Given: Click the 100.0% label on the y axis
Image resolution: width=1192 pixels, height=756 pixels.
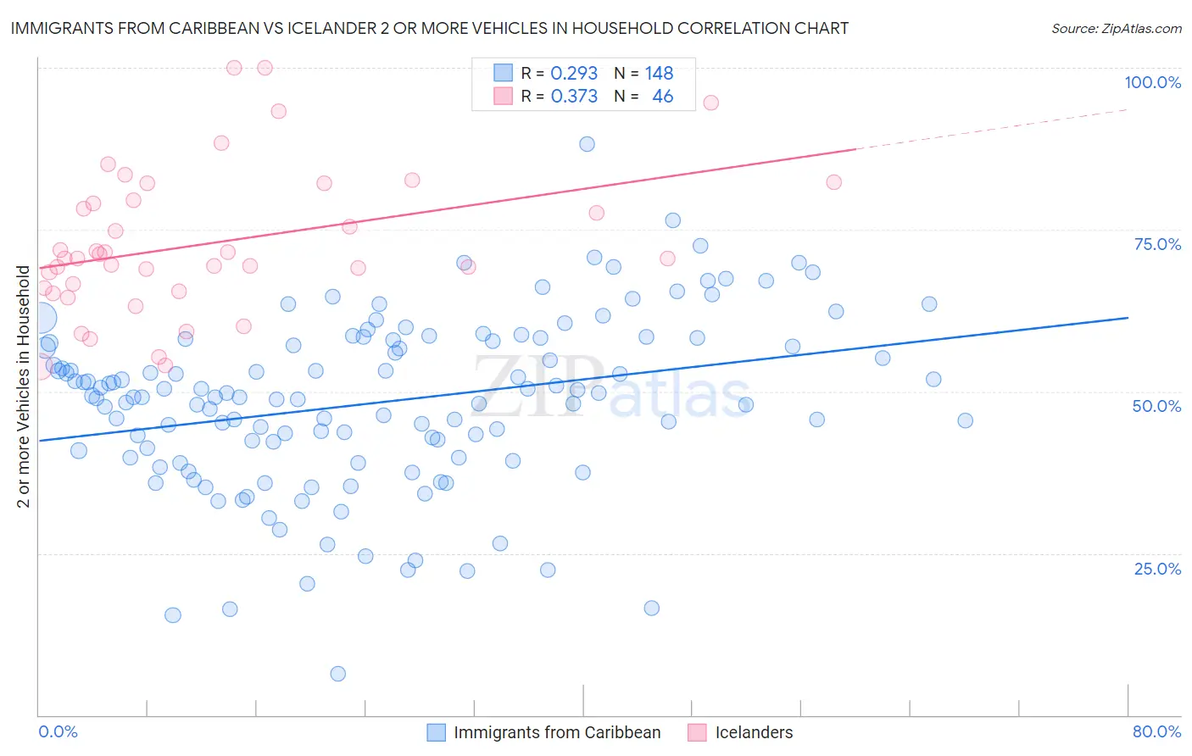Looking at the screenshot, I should [x=1152, y=82].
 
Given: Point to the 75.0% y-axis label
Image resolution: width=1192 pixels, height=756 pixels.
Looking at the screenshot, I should [x=1157, y=244].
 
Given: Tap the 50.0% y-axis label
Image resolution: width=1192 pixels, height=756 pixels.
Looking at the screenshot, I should [x=1156, y=406].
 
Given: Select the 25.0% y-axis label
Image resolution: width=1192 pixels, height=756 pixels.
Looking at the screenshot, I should [x=1157, y=568].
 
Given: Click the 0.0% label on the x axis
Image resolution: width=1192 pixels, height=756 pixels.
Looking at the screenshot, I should [x=58, y=731].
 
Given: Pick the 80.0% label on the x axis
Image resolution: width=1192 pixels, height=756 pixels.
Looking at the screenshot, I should [x=1156, y=731].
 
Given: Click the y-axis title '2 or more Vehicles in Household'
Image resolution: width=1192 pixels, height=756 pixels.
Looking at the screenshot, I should [x=24, y=386].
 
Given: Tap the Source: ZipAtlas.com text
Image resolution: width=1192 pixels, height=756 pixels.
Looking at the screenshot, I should [x=1116, y=28].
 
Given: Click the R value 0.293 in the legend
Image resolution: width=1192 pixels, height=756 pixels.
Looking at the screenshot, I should [x=574, y=74].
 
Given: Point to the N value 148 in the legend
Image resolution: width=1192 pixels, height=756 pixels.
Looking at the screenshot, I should [x=659, y=74].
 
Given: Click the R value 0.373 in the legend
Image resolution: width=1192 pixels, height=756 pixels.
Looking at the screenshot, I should [x=574, y=97].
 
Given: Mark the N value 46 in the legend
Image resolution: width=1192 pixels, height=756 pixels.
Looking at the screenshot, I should [x=662, y=97].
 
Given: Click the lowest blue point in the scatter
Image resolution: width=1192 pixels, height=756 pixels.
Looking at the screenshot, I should [x=337, y=674].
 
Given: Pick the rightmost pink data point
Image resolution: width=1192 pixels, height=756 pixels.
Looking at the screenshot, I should [x=833, y=182].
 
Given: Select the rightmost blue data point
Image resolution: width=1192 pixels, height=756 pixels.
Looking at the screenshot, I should [x=965, y=420].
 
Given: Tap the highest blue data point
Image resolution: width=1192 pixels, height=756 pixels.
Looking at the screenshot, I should [x=587, y=144].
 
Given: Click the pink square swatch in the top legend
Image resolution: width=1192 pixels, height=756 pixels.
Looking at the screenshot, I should [x=504, y=96].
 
